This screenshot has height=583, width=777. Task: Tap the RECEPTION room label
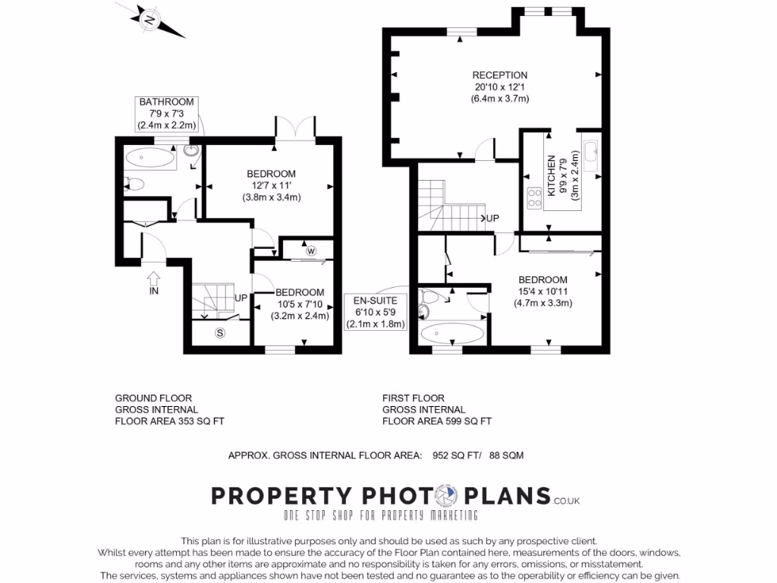tap(499, 75)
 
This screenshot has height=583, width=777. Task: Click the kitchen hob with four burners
tap(534, 198)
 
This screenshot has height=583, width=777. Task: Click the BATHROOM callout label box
tap(167, 113)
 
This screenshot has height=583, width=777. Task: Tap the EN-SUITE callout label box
tap(376, 312)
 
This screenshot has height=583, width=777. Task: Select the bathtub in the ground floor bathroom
tap(149, 159)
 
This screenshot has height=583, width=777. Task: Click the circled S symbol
tap(221, 332)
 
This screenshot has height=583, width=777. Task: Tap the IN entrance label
tap(154, 290)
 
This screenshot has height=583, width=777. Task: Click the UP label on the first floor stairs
tap(492, 218)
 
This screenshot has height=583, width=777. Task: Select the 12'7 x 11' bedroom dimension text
tap(271, 186)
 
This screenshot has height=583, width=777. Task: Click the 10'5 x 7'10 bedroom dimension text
tap(299, 304)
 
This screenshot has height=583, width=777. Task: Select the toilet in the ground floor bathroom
tap(134, 183)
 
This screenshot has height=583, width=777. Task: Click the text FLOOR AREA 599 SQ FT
tap(436, 421)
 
